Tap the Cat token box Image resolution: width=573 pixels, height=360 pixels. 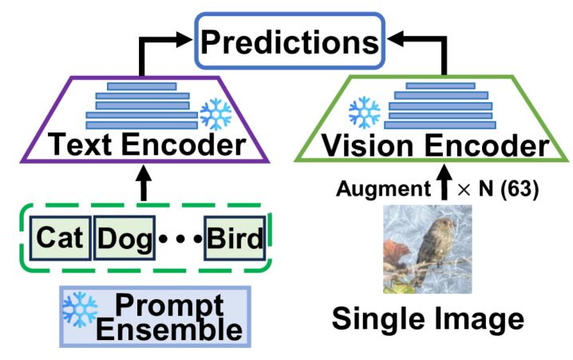60,238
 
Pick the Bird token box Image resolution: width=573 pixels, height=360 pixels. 234,238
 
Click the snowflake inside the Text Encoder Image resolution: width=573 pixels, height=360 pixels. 215,115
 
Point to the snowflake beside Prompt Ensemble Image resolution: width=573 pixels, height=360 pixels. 80,308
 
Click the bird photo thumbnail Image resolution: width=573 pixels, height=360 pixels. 427,249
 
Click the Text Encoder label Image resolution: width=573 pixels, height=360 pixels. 143,146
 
